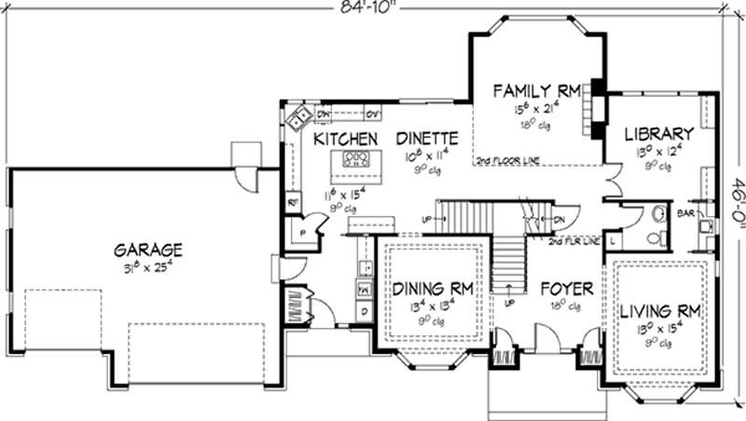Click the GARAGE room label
[148, 250]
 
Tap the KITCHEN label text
[345, 139]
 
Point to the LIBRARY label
[659, 134]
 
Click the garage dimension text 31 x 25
[148, 268]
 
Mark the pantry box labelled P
[304, 232]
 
